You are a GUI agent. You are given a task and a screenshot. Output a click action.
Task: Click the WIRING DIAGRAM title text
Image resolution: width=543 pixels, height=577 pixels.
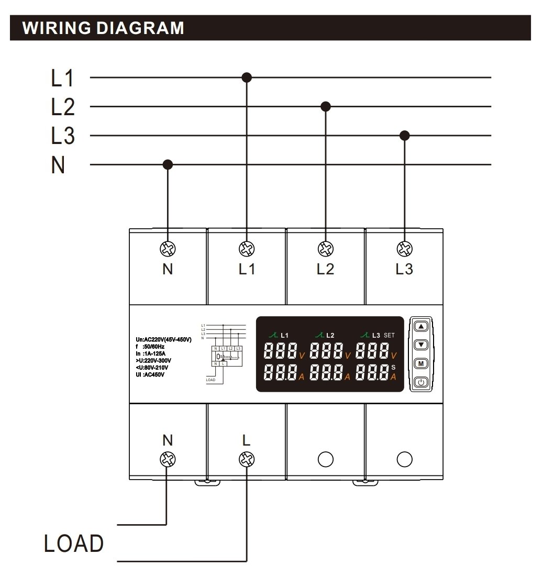point(104,28)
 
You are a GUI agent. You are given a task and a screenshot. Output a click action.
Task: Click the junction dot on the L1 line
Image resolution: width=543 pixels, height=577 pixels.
point(247,77)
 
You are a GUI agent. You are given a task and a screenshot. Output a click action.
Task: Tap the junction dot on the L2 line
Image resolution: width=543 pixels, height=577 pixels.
point(326,107)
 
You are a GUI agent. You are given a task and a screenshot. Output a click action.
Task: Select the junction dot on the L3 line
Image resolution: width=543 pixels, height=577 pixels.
point(404,136)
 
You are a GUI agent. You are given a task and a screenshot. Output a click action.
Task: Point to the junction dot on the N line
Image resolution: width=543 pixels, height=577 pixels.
point(168,165)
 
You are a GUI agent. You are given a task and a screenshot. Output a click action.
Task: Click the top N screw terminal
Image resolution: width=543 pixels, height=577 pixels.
point(168,248)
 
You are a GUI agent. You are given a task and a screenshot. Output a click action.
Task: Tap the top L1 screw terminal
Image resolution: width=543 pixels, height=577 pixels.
point(246,248)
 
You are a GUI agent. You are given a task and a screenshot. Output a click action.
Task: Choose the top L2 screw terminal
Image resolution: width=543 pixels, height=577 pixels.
point(325,248)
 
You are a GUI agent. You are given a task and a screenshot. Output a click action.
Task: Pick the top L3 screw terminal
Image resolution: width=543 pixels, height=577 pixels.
point(404,248)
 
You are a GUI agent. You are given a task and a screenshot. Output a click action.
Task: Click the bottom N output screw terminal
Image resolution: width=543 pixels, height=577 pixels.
point(168,459)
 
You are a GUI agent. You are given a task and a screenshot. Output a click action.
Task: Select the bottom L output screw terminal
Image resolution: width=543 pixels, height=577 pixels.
point(246,459)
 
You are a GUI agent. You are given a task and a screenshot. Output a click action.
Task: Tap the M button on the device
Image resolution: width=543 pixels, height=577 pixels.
point(421,363)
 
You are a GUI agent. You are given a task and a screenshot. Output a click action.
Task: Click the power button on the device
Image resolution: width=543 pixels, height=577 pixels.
point(421,382)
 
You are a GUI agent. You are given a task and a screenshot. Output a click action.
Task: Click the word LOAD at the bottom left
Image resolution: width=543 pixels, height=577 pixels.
point(73,543)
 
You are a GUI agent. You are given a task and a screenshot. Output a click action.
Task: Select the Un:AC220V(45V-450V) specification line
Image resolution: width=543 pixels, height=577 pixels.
point(163,340)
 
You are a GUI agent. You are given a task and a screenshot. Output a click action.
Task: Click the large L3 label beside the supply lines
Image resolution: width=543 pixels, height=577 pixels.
point(63,136)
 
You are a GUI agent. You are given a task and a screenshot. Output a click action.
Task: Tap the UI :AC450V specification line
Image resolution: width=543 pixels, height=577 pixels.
point(151,374)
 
